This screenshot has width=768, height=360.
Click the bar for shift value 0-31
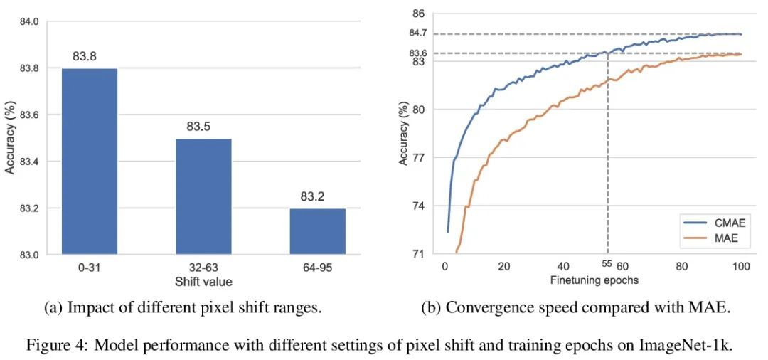click(x=90, y=161)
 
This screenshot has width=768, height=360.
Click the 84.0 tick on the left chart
click(x=29, y=22)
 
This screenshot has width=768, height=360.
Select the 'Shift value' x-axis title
click(x=203, y=282)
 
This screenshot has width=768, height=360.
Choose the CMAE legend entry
click(x=719, y=222)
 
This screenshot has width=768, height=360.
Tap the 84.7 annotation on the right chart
click(x=418, y=33)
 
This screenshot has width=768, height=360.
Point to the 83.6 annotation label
click(x=418, y=53)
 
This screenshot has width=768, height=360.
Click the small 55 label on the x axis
click(x=607, y=263)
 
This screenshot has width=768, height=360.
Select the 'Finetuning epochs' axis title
click(x=594, y=280)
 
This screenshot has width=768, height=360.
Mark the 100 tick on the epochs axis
click(x=741, y=266)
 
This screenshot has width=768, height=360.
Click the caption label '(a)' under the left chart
click(x=53, y=308)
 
